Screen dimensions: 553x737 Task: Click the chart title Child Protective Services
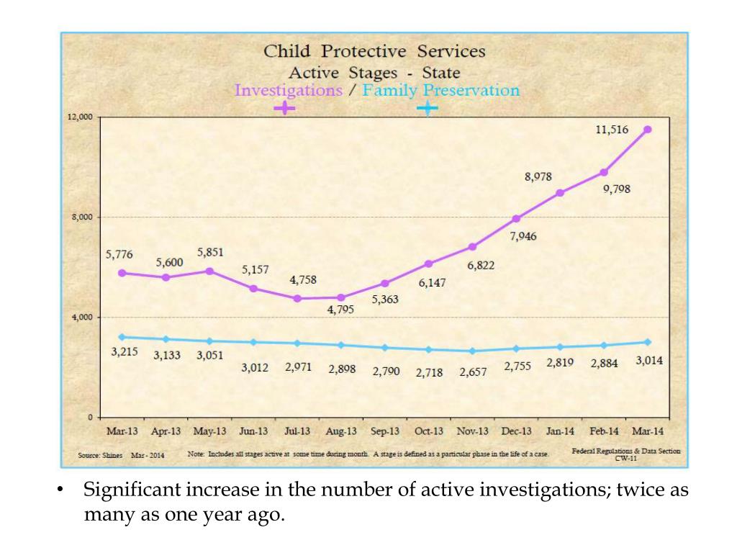(x=374, y=52)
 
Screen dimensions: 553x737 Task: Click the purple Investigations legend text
(x=288, y=91)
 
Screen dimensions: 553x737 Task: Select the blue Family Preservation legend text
(x=440, y=91)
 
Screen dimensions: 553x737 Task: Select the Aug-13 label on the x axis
(x=341, y=431)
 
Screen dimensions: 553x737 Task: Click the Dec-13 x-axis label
(x=516, y=431)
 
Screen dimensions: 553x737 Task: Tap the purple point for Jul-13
(x=297, y=298)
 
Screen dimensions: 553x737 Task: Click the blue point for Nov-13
(x=472, y=351)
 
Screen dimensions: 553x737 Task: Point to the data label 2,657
(x=473, y=372)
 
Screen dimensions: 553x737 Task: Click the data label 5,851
(x=210, y=253)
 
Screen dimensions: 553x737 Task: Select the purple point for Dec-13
(x=516, y=218)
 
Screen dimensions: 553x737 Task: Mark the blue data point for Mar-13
(x=122, y=337)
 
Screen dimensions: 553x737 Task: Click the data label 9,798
(x=617, y=189)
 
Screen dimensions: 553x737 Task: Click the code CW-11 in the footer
(x=625, y=457)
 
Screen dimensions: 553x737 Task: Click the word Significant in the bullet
(x=133, y=491)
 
